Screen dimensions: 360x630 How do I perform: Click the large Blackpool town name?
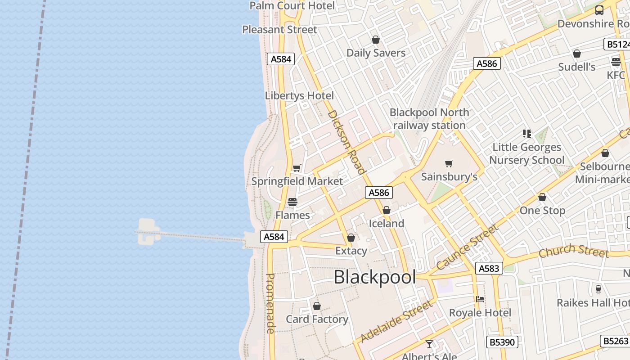click(x=374, y=277)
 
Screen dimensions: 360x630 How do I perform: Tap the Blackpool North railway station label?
click(x=429, y=119)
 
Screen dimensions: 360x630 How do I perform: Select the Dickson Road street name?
click(x=346, y=142)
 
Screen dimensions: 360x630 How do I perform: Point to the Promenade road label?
click(x=270, y=303)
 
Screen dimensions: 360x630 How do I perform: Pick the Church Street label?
click(x=573, y=251)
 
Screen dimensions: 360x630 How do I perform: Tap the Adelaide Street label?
click(x=396, y=322)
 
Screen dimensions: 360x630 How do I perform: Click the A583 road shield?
click(x=489, y=269)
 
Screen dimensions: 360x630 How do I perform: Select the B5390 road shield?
click(x=502, y=342)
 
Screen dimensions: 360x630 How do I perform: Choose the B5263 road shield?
click(x=615, y=341)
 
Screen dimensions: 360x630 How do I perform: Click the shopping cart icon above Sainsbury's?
click(x=449, y=163)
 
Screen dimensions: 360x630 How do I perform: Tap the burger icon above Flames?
click(x=292, y=202)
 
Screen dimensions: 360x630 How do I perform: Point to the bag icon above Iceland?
click(x=386, y=210)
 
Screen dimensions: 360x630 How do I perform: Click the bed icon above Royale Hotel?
click(x=480, y=299)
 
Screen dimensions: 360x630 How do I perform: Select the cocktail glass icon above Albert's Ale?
click(x=429, y=344)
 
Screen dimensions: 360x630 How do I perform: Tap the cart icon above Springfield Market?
click(x=297, y=168)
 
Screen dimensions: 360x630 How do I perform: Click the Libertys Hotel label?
click(x=299, y=95)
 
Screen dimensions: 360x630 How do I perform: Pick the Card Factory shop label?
click(x=317, y=319)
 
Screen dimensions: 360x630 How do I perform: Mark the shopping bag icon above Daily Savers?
click(x=376, y=40)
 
